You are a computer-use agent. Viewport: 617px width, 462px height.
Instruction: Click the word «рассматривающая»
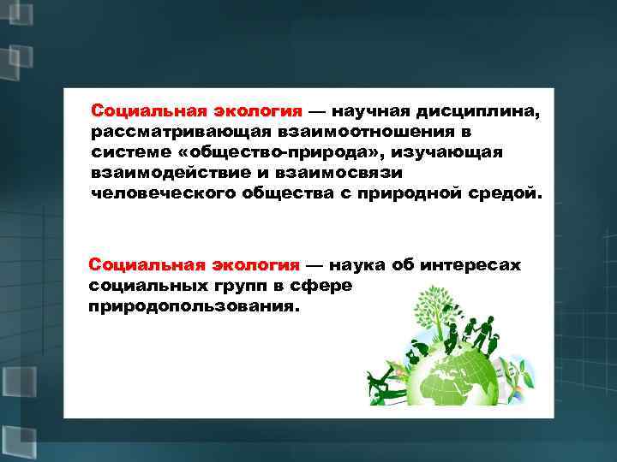[x=177, y=133]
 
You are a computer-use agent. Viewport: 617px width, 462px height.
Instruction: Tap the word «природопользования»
[x=194, y=305]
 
